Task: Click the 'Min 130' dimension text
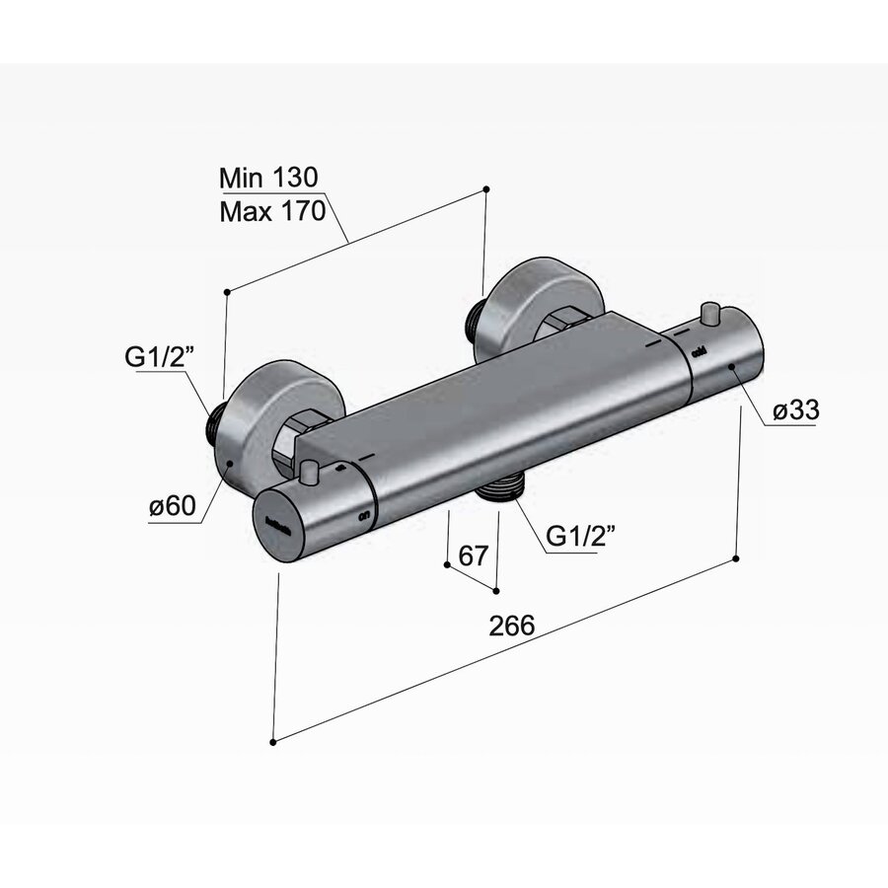click(x=267, y=178)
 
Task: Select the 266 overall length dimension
click(x=511, y=626)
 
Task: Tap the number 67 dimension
click(x=474, y=555)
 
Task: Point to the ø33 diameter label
click(x=795, y=411)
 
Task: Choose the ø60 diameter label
click(x=174, y=507)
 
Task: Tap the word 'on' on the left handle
click(x=364, y=514)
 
